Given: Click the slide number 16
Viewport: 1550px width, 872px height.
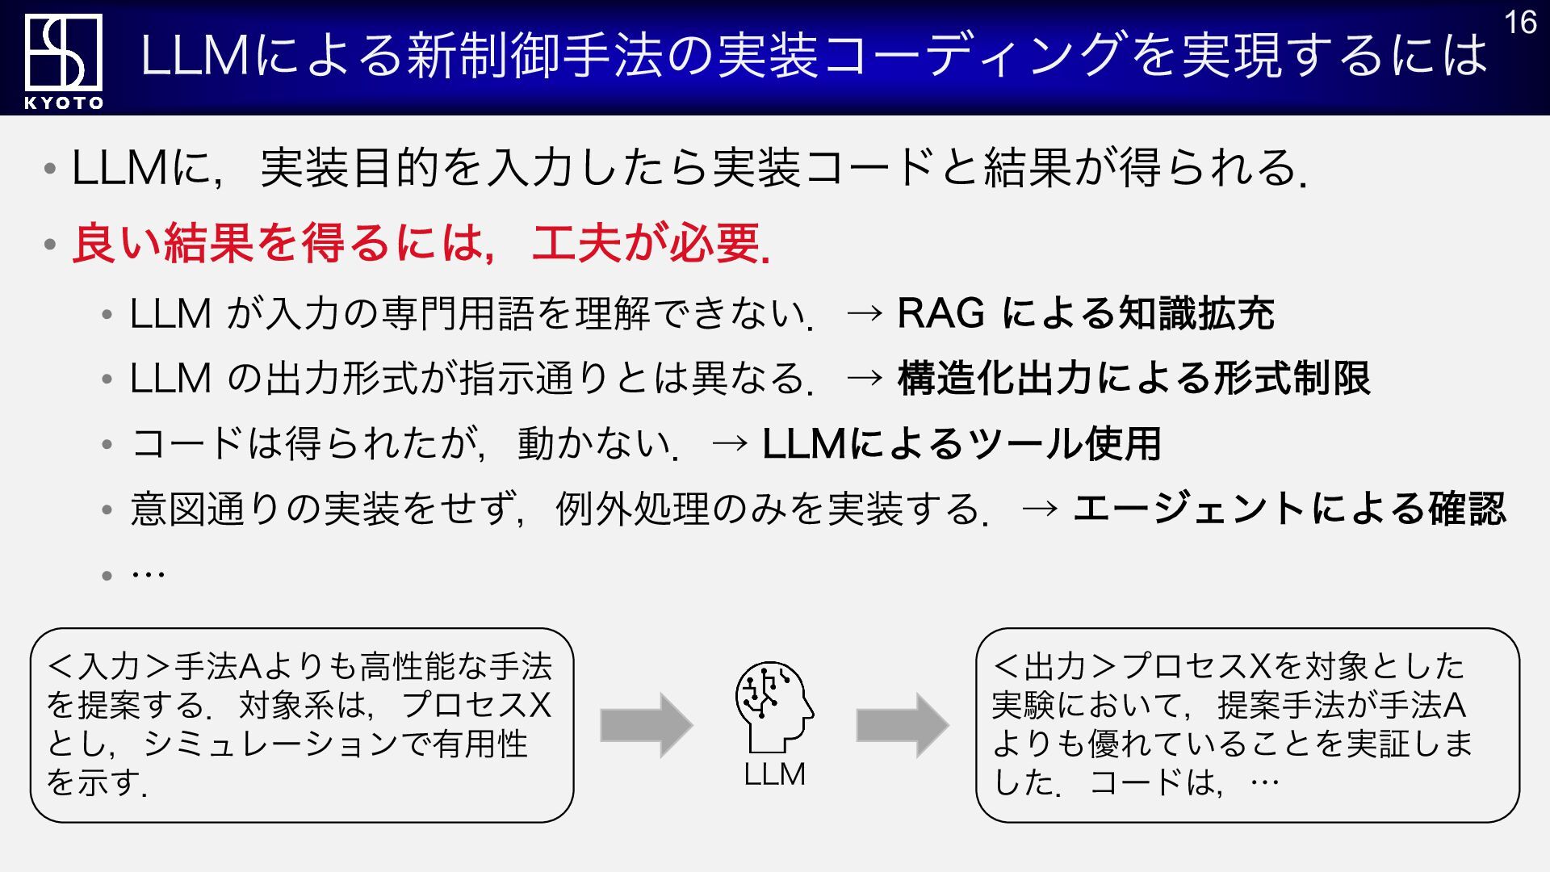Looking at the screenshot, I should tap(1520, 23).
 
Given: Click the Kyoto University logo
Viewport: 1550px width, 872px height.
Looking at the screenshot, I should tap(63, 52).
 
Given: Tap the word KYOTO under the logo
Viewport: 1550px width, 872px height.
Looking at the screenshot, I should tap(64, 103).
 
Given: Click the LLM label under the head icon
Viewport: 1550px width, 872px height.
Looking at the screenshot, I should tap(774, 774).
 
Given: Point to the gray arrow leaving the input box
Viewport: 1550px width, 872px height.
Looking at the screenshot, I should tap(646, 725).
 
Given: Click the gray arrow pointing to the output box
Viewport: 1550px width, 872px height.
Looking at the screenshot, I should tap(902, 725).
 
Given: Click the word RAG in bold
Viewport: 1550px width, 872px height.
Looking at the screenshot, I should tap(940, 313).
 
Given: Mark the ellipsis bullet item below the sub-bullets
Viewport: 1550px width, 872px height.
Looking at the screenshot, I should tap(148, 574).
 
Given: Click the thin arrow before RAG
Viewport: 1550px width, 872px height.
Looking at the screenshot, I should tap(865, 313).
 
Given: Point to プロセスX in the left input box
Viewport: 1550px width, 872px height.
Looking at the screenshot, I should tap(476, 706).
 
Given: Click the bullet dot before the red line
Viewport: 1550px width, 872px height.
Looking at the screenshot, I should tap(50, 244).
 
